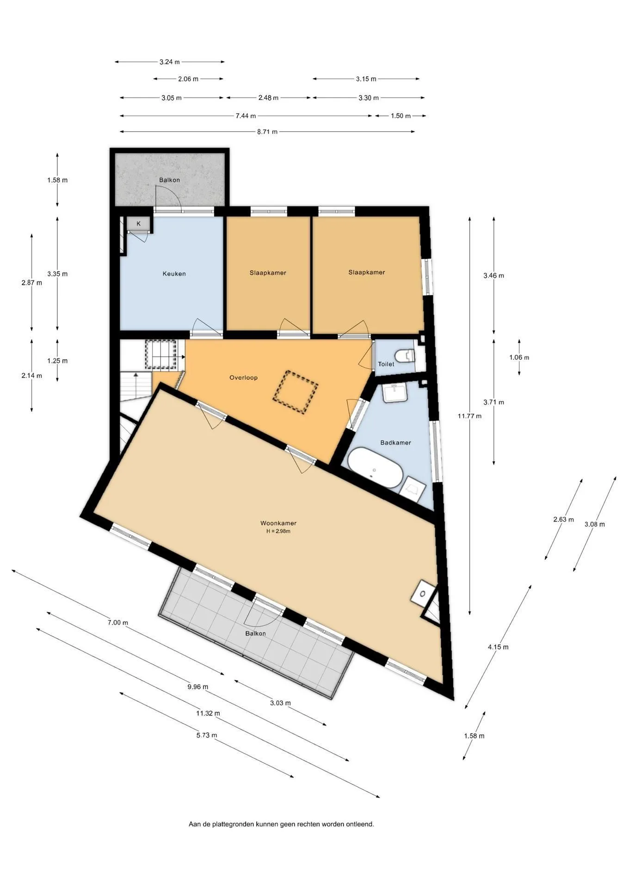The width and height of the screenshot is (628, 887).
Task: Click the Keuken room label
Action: [174, 273]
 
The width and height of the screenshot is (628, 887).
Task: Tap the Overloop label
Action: [243, 377]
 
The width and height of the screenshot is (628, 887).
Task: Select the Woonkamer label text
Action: [278, 523]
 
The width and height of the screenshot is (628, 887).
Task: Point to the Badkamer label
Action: [395, 443]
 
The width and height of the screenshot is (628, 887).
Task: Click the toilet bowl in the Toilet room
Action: [405, 355]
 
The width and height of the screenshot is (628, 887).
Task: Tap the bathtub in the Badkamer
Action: [375, 467]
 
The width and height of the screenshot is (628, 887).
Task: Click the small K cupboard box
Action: [138, 224]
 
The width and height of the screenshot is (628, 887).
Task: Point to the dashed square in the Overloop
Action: [295, 392]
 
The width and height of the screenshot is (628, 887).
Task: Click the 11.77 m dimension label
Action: [469, 416]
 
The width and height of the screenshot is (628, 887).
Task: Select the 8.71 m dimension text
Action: [267, 132]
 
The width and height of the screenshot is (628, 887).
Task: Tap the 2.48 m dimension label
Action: [268, 98]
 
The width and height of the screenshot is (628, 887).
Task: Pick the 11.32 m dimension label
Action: [208, 713]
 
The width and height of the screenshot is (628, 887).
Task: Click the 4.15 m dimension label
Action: [498, 647]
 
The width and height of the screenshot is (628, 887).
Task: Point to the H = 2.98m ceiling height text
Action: [278, 531]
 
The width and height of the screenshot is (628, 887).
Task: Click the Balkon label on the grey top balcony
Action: [169, 180]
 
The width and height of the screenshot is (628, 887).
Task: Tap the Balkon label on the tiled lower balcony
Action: [255, 633]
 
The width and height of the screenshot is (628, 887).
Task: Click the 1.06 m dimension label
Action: [519, 357]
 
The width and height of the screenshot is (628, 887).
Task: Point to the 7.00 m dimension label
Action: [117, 622]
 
